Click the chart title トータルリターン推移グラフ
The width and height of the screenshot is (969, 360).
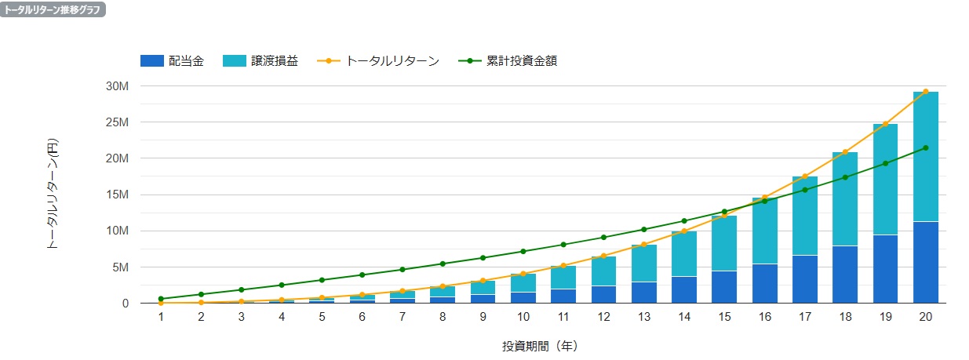tap(53, 10)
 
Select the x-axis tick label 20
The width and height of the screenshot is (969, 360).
tap(926, 316)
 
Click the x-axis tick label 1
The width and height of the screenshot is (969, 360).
tap(161, 316)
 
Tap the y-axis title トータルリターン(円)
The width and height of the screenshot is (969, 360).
tap(53, 194)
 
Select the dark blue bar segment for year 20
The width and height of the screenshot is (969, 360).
tap(926, 263)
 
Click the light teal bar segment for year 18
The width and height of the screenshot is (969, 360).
tap(845, 198)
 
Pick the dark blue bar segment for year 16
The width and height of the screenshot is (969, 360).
tap(765, 283)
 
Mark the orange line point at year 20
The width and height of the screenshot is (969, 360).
tap(926, 92)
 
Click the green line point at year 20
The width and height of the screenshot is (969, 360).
tap(926, 147)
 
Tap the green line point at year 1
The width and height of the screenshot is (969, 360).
tap(161, 299)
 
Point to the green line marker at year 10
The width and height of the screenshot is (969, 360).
tap(523, 251)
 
